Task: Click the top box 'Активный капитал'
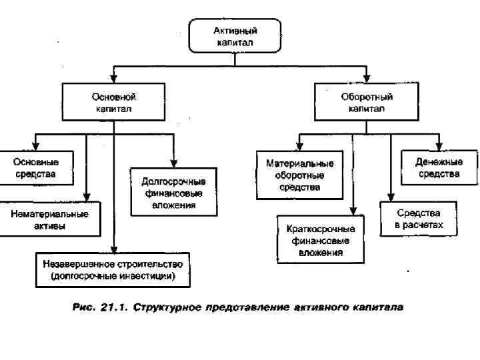coord(235,35)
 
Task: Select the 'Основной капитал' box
coord(114,102)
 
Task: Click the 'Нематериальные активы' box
coord(50,220)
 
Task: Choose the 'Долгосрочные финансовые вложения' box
coord(173,193)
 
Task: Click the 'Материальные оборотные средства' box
coord(299,175)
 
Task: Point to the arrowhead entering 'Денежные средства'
coord(439,147)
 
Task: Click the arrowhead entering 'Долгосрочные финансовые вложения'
coord(173,165)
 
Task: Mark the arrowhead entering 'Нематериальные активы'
coord(87,198)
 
